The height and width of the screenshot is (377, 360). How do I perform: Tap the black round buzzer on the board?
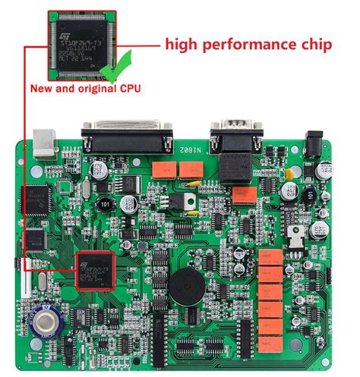[187, 288]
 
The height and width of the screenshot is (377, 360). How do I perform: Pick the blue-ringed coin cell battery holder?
[45, 320]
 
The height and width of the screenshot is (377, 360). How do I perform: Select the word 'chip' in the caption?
[313, 45]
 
